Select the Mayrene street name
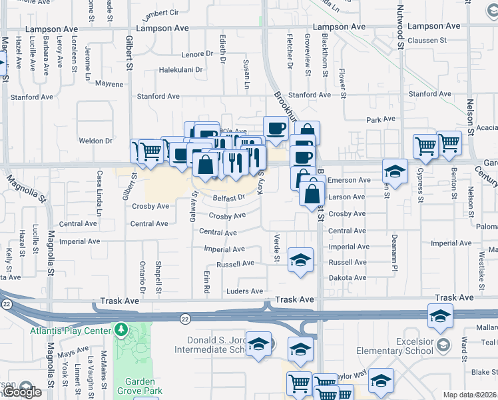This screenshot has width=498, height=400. [109, 85]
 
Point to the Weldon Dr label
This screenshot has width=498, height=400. [96, 141]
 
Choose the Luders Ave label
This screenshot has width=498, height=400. [245, 291]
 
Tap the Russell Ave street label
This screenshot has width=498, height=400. [236, 263]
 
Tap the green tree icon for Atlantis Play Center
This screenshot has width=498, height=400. [121, 329]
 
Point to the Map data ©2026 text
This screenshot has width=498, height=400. [469, 395]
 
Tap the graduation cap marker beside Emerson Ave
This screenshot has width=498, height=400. [395, 171]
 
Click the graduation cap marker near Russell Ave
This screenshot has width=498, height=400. [300, 259]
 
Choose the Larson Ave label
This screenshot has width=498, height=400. [348, 197]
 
